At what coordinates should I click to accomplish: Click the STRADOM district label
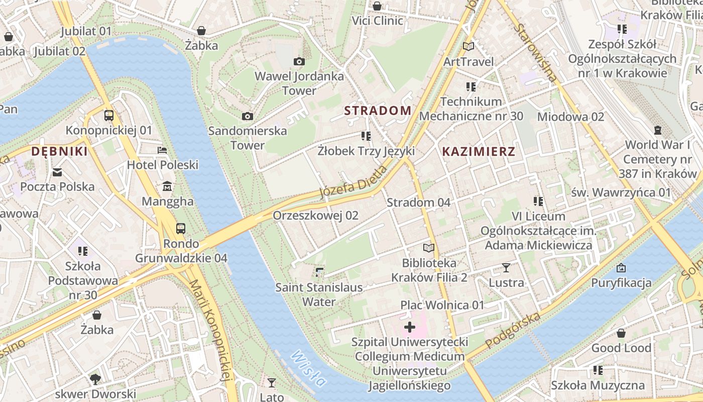pyautogui.click(x=378, y=111)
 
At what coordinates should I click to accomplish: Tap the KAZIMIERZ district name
pyautogui.click(x=479, y=151)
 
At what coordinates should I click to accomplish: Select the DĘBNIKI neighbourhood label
pyautogui.click(x=59, y=151)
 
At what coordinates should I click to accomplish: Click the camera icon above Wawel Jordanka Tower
pyautogui.click(x=299, y=61)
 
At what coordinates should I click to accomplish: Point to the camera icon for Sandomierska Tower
pyautogui.click(x=248, y=116)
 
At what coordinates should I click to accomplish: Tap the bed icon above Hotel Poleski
pyautogui.click(x=162, y=150)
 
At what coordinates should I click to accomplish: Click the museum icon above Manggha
pyautogui.click(x=167, y=187)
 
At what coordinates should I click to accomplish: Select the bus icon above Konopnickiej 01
pyautogui.click(x=109, y=115)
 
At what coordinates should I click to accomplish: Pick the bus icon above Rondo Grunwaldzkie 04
pyautogui.click(x=181, y=229)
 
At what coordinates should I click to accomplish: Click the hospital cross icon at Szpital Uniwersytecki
pyautogui.click(x=410, y=327)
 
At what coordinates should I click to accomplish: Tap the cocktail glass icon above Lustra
pyautogui.click(x=506, y=268)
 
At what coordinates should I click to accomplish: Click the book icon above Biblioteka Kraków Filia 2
pyautogui.click(x=429, y=248)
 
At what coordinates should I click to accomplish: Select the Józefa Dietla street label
pyautogui.click(x=354, y=182)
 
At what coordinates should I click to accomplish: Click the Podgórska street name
pyautogui.click(x=513, y=330)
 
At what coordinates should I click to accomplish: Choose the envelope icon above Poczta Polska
pyautogui.click(x=57, y=172)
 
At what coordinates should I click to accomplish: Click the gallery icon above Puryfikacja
pyautogui.click(x=621, y=268)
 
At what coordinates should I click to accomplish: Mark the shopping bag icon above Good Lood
pyautogui.click(x=621, y=333)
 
